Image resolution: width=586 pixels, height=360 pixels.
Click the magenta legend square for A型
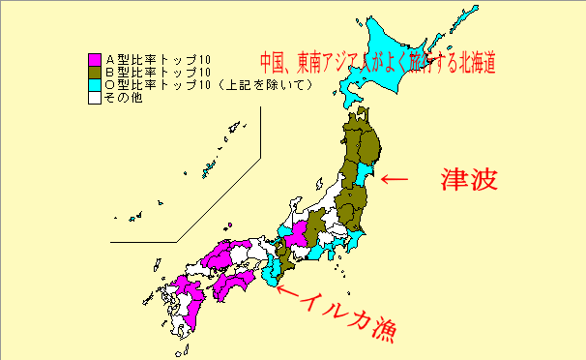93,58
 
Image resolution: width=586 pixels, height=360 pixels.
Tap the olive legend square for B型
93,72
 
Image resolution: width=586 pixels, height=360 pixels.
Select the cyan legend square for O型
93,84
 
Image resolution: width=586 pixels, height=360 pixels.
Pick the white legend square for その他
93,97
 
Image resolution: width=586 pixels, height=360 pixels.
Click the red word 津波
469,179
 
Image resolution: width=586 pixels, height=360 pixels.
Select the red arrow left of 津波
395,179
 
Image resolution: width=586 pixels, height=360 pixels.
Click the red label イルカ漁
355,316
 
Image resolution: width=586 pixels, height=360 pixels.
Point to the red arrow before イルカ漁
286,285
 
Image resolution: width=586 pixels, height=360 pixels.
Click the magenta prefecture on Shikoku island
232,284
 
